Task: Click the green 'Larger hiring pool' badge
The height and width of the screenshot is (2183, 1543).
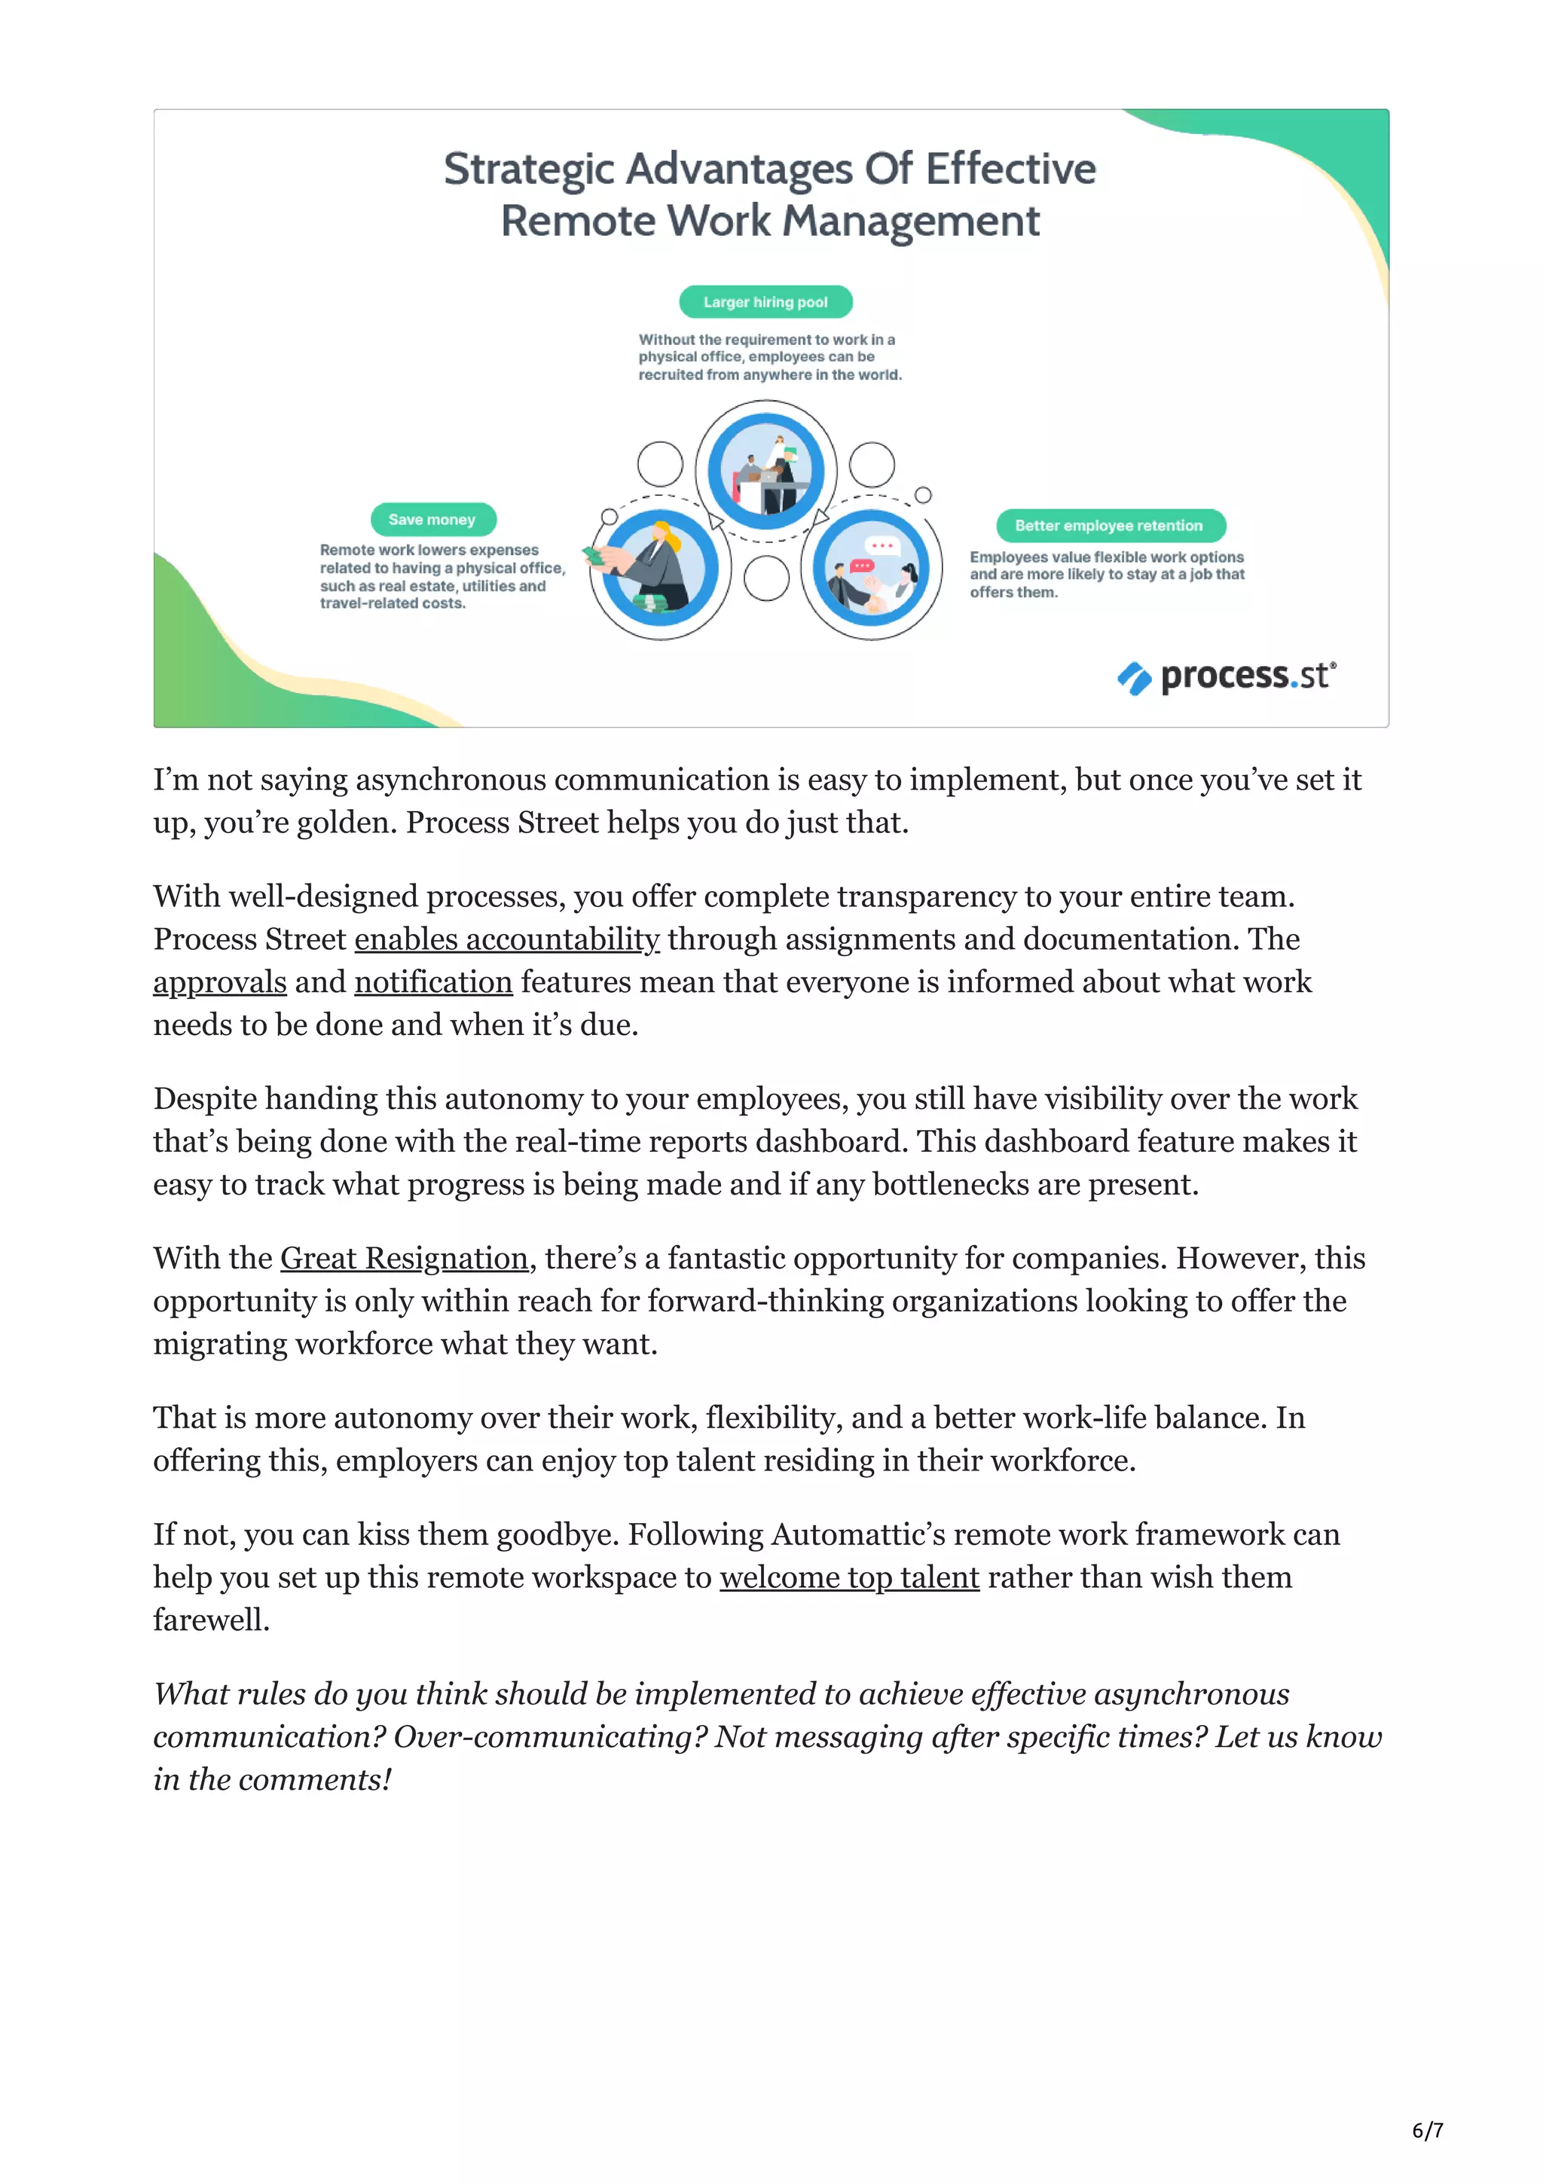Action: (765, 302)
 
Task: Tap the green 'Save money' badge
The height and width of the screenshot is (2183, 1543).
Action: (432, 519)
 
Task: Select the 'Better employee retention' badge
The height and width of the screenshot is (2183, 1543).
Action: (1110, 526)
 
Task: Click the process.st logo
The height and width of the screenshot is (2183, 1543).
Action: (1227, 676)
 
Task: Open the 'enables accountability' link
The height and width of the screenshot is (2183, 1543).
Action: (507, 939)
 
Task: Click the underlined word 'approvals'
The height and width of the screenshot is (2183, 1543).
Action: (219, 982)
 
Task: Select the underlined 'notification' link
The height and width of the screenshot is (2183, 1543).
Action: (433, 982)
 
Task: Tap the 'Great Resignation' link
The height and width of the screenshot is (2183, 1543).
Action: (404, 1259)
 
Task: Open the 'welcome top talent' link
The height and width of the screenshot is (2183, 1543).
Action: (849, 1577)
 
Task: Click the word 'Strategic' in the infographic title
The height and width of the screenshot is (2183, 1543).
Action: (529, 169)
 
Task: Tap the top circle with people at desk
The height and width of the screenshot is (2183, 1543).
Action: (765, 471)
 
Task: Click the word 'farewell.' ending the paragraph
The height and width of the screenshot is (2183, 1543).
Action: (211, 1620)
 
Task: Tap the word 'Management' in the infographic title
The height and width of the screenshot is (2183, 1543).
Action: (911, 221)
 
